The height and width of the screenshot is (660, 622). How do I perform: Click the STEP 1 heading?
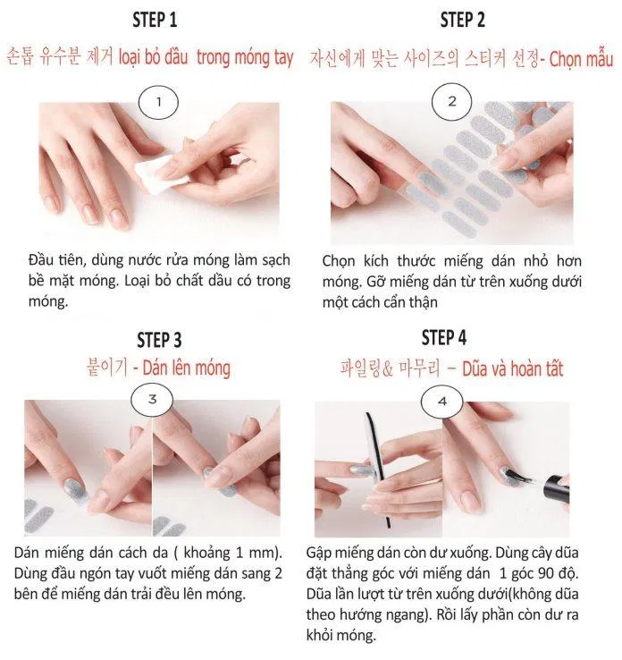click(x=155, y=20)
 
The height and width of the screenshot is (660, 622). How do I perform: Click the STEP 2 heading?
click(x=462, y=20)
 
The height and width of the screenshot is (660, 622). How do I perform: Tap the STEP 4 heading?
click(x=443, y=337)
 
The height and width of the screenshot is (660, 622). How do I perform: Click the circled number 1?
click(x=159, y=101)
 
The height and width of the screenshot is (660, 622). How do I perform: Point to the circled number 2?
click(x=451, y=101)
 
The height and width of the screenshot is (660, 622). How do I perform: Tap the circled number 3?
click(x=152, y=399)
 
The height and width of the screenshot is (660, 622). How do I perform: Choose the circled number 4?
click(x=441, y=401)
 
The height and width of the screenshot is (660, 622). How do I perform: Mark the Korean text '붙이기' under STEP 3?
click(x=107, y=368)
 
